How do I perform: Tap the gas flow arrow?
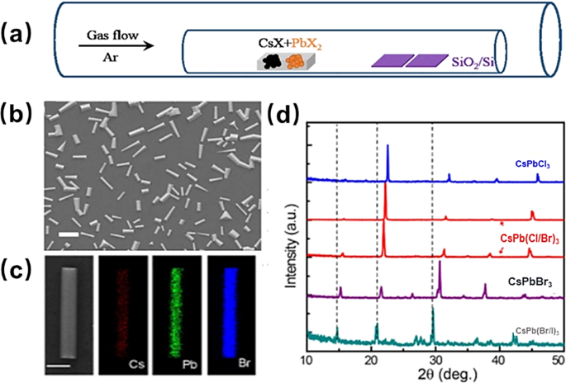pos(115,47)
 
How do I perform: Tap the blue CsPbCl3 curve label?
pos(518,165)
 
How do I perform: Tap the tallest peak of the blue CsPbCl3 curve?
pos(388,146)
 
